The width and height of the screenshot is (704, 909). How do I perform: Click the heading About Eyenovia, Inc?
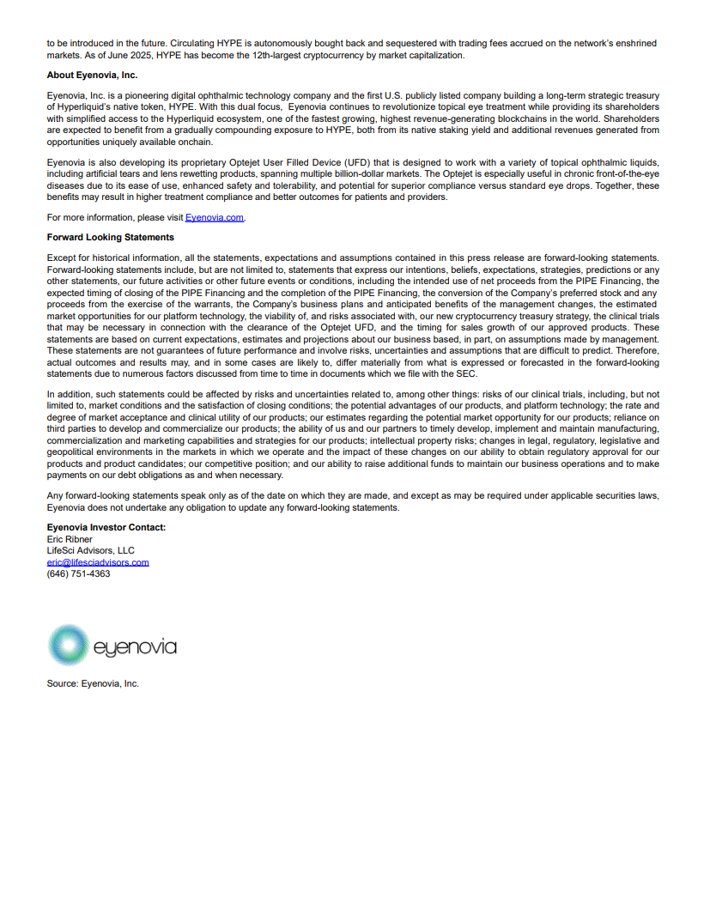[x=92, y=76]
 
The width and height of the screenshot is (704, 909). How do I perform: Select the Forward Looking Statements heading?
[x=110, y=237]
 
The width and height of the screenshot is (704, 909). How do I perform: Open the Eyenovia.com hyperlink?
[x=215, y=218]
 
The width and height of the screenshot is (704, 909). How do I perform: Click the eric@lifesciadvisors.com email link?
[x=98, y=562]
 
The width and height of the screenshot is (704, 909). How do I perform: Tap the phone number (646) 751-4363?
[x=78, y=573]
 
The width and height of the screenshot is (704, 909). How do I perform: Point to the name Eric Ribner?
[x=70, y=539]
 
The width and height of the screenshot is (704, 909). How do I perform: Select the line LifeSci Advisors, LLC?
[x=90, y=550]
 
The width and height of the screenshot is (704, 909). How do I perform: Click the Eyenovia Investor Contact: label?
[x=106, y=527]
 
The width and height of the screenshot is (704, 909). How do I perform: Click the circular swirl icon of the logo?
[x=68, y=645]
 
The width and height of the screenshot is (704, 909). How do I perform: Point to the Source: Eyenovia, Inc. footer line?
[x=93, y=683]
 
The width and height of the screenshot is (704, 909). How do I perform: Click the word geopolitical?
[x=75, y=451]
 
